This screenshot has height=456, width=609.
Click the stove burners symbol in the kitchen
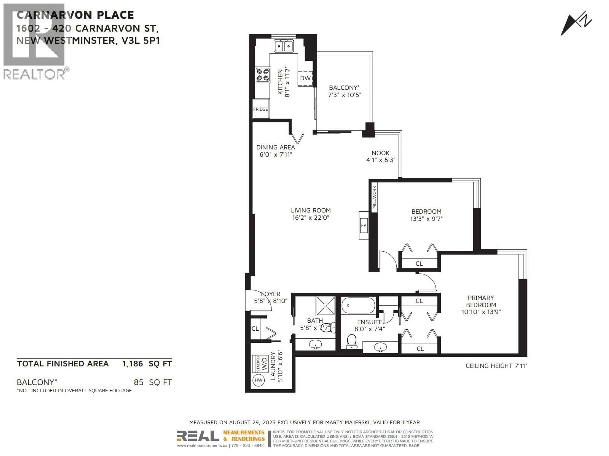coord(262,75)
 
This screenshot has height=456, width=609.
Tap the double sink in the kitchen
coord(284,46)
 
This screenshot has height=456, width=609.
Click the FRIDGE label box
coord(260,109)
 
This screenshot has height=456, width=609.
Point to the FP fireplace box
coord(363,225)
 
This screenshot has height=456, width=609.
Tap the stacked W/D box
coord(260,364)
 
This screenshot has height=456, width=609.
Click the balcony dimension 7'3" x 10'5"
coord(344,95)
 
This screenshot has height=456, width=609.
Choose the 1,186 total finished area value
coord(132,364)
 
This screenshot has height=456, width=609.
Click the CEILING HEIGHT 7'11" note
coord(496,366)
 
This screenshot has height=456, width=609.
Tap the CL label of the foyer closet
coord(255,329)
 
